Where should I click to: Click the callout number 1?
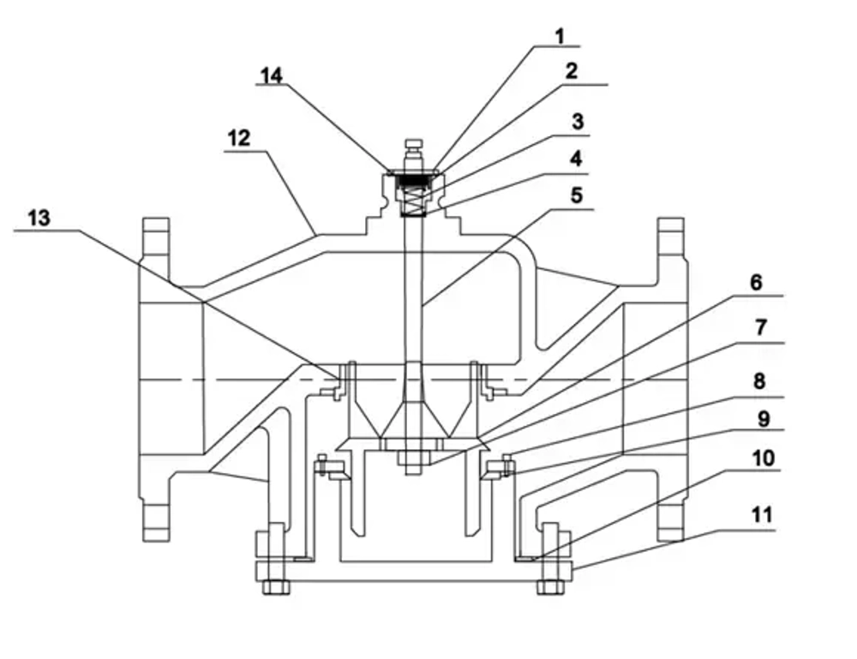point(560,36)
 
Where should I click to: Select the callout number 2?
point(571,71)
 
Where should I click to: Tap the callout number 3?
point(578,122)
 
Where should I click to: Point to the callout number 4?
point(577,159)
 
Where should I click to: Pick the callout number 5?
point(576,195)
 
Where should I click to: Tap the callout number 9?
point(759,421)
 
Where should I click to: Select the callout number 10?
point(762,458)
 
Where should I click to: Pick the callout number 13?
point(39,218)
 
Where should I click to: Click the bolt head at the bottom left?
point(276,587)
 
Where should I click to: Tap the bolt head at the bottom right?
point(549,587)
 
